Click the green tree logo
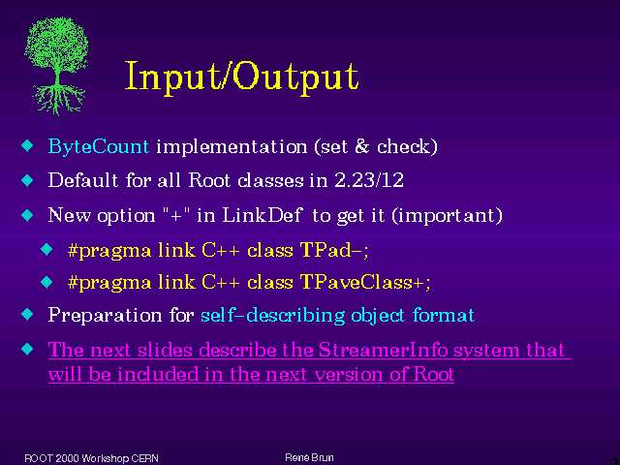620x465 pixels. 56,66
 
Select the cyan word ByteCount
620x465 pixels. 99,147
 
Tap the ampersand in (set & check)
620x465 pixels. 361,146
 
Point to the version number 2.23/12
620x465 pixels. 369,180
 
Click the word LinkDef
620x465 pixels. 263,215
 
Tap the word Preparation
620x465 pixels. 105,316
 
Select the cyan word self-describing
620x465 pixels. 273,316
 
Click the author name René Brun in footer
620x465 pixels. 309,457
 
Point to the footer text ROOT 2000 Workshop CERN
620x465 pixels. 91,458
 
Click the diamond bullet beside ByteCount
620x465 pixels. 28,145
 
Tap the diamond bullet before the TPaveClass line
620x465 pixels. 46,282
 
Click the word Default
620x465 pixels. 83,180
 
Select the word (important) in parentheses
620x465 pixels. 447,215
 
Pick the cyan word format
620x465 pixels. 444,315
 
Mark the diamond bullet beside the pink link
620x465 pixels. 28,349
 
